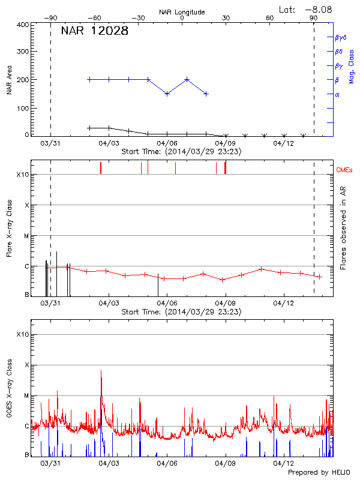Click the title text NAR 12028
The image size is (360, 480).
94,32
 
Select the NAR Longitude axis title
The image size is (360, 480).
182,12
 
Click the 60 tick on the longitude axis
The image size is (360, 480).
270,19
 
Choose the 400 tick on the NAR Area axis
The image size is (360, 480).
23,25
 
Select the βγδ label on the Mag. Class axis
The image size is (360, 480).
340,37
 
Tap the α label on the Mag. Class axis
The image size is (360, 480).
337,94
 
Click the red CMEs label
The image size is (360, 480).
344,170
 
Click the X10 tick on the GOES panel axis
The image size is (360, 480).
22,334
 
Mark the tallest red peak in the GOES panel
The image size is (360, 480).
101,371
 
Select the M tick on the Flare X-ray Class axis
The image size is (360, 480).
26,236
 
